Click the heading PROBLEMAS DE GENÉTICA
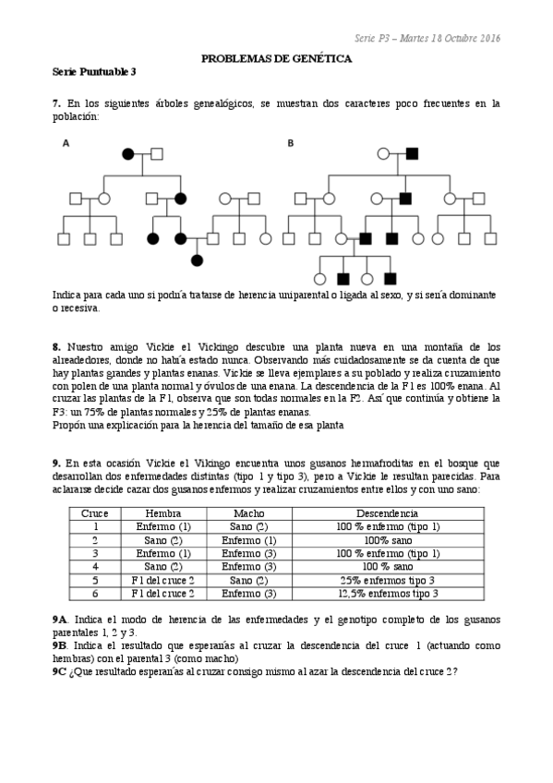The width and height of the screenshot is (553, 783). point(276,58)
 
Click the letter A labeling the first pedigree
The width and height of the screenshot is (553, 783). point(66,143)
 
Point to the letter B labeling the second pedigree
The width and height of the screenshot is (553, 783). point(291,143)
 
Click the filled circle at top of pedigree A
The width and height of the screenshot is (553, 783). point(130,152)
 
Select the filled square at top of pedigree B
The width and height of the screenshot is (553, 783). point(413,152)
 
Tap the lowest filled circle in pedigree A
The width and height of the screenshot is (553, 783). point(197,260)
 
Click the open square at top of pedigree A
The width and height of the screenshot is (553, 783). point(157,152)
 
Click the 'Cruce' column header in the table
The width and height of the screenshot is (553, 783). point(95,513)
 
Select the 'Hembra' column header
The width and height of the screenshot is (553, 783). point(163,513)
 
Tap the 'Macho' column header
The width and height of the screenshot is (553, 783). point(249,513)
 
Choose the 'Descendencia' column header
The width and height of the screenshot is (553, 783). point(388,513)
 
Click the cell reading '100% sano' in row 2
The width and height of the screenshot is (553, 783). point(388,539)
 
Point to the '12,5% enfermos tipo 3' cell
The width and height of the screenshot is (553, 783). point(388,593)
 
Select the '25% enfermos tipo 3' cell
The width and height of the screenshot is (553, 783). point(388,580)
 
